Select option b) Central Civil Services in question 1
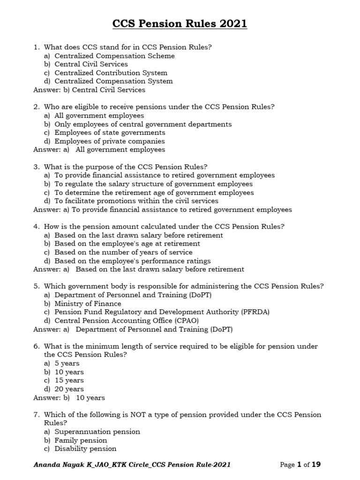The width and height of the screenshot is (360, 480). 91,64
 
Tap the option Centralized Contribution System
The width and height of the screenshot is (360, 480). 111,73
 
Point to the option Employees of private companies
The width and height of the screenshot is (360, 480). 109,141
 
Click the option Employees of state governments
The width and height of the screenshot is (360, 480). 110,133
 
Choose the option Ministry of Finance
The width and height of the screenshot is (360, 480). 88,304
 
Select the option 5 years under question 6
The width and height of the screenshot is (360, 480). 67,363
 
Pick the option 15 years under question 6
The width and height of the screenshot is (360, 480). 69,381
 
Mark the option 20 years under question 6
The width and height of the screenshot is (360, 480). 69,389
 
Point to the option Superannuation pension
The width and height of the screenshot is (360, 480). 97,432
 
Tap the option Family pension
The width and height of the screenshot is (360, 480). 81,440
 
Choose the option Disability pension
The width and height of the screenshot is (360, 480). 85,449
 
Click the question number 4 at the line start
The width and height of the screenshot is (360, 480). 36,226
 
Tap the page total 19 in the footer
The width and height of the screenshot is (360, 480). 316,465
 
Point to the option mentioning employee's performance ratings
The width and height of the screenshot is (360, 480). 132,261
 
